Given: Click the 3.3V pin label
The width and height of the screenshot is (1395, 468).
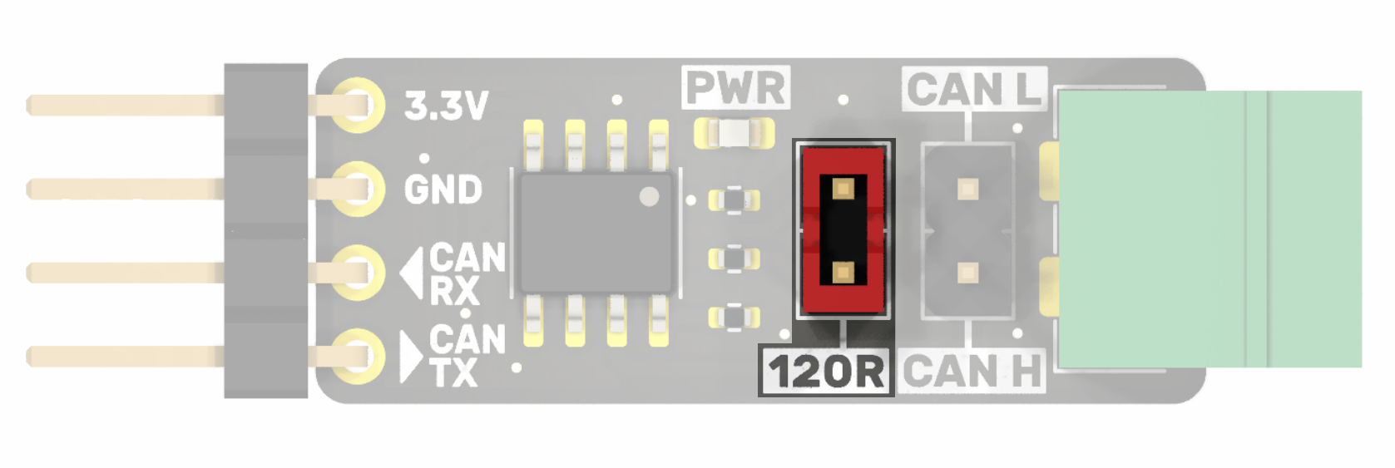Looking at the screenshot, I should [x=446, y=106].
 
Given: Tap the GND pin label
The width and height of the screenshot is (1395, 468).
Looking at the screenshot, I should [x=443, y=190].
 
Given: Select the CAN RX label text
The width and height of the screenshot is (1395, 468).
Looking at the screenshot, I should [x=467, y=274].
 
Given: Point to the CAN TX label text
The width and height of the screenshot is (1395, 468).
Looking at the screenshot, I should [x=465, y=356].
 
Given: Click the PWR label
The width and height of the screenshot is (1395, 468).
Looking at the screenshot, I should [x=735, y=88].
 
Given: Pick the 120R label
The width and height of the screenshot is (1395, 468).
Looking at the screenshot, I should [x=825, y=372].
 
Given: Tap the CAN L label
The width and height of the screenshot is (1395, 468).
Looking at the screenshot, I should [x=973, y=89].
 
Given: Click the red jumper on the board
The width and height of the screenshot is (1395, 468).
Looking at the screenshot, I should [x=843, y=229].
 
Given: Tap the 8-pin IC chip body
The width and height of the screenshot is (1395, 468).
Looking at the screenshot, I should [x=596, y=232].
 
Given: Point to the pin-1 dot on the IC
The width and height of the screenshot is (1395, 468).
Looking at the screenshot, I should [x=649, y=196].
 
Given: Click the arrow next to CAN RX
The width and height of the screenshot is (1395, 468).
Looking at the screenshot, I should [x=413, y=273].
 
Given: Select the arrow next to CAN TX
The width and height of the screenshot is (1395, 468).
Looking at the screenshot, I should [x=410, y=357].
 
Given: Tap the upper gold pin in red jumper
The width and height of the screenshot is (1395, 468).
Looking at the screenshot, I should [x=843, y=189].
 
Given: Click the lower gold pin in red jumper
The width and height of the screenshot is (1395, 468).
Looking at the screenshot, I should [x=843, y=272].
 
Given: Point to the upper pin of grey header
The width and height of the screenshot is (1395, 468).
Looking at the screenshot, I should [x=967, y=190].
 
